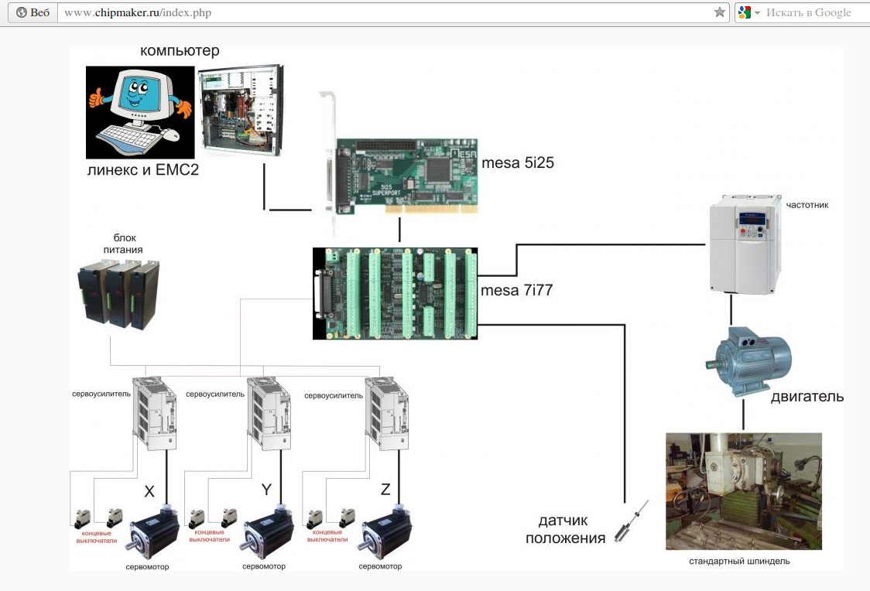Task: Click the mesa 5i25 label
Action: coord(518,162)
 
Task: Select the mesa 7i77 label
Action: coord(516,290)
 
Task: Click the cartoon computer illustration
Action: coord(140,112)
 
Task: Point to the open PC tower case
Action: coord(241,110)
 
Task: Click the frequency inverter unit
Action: coord(745,244)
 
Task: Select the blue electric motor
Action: coord(748,361)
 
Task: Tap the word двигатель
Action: coord(807,396)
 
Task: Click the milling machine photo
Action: coord(744,491)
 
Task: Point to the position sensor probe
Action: coord(632,521)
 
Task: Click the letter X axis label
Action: coord(149,491)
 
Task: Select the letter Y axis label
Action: coord(266,490)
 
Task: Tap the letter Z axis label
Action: coord(385,489)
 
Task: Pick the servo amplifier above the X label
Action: coord(155,414)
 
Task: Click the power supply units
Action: coord(118,295)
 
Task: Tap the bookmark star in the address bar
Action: coord(720,12)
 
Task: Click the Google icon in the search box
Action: coord(745,12)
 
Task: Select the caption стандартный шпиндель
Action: coord(739,561)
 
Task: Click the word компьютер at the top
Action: coord(180,50)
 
